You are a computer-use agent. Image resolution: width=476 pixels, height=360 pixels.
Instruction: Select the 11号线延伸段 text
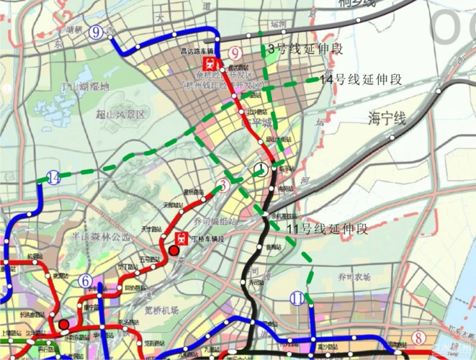click(x=328, y=230)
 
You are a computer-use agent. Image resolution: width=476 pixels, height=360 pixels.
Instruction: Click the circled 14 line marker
click(x=53, y=178)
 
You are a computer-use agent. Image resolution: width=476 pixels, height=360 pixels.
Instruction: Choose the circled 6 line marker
click(x=86, y=282)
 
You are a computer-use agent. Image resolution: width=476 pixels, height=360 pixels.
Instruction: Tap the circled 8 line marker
click(x=417, y=338)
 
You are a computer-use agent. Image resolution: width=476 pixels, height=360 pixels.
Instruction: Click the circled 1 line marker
click(x=260, y=170)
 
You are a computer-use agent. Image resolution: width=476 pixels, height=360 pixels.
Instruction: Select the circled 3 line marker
click(x=225, y=186)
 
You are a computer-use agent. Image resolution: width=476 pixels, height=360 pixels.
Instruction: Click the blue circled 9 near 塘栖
click(x=96, y=31)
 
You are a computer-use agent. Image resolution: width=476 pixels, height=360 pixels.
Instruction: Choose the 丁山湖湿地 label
click(x=85, y=87)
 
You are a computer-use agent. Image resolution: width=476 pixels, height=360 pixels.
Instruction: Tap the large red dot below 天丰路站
click(x=174, y=251)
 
